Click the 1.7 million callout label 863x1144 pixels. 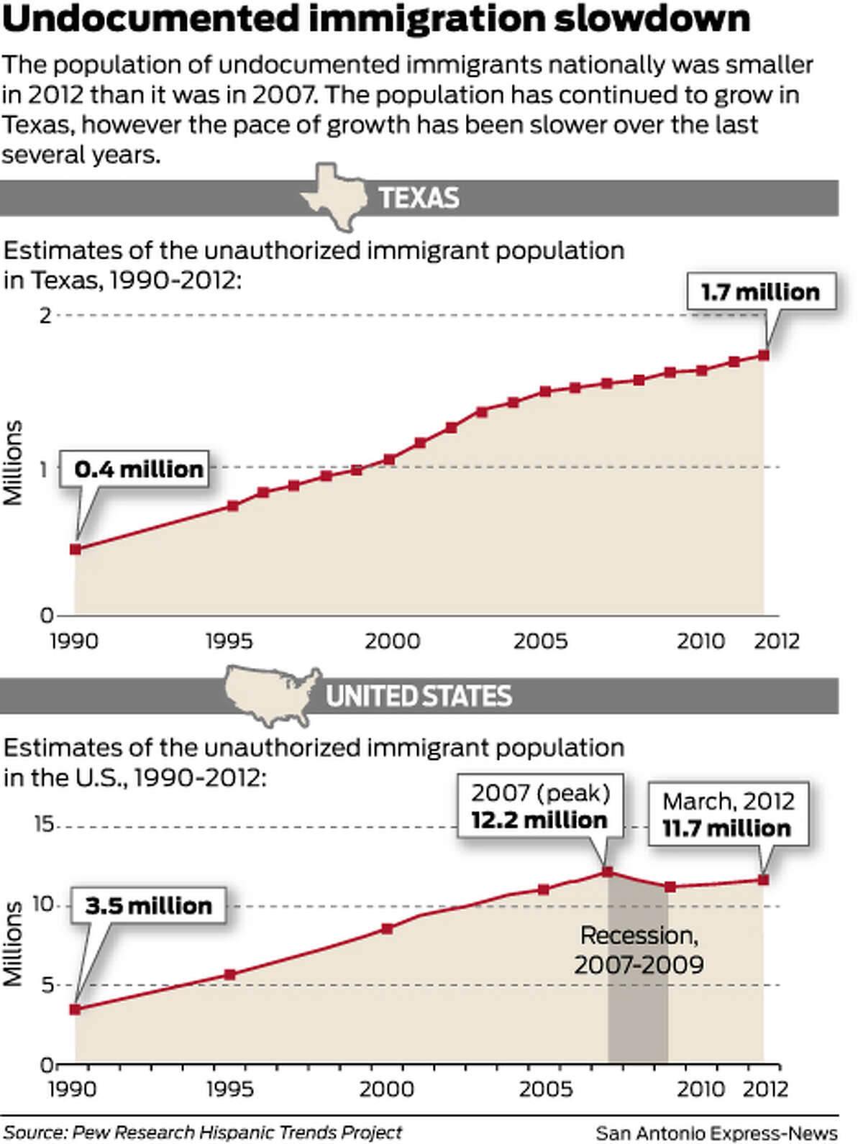(x=760, y=292)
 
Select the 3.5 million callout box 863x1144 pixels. (x=148, y=905)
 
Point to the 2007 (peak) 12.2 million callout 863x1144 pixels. (x=540, y=806)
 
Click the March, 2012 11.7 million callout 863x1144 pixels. (x=728, y=814)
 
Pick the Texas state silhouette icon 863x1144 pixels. (x=332, y=196)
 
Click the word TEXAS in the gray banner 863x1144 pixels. (x=419, y=198)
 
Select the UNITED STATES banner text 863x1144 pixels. (x=419, y=696)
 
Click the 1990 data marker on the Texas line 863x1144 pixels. (x=75, y=549)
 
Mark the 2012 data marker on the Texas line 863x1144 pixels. (x=764, y=355)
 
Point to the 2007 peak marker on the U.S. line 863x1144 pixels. (x=608, y=872)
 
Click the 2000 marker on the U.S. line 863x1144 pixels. (x=388, y=929)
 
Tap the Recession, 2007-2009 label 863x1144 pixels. (x=639, y=950)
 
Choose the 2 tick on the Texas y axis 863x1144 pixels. (x=45, y=315)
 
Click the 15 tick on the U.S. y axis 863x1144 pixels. (x=44, y=824)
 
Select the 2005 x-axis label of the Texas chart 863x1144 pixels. (x=540, y=641)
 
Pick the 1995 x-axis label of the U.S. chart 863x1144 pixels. (x=229, y=1089)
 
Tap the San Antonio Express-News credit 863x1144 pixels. (x=716, y=1132)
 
